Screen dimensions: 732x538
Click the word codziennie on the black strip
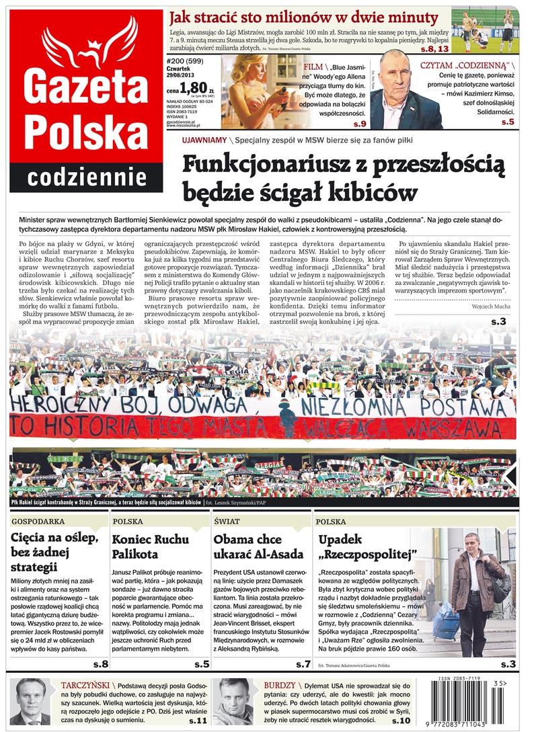click(x=87, y=177)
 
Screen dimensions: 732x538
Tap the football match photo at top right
click(x=485, y=30)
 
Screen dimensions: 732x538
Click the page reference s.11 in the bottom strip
click(x=196, y=720)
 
